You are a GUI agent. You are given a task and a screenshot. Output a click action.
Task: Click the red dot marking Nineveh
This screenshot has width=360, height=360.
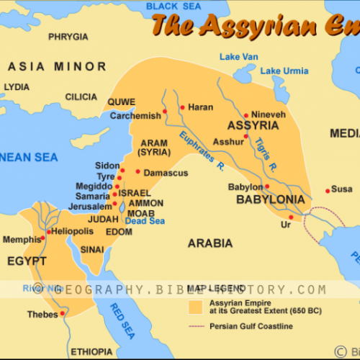246,114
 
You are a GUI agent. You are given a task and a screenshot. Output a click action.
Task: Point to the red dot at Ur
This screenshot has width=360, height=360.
291,217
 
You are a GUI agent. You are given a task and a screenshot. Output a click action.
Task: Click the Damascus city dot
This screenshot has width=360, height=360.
138,172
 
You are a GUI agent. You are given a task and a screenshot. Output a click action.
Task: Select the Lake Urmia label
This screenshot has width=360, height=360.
284,71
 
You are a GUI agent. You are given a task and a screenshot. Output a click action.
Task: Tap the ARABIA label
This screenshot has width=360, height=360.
210,243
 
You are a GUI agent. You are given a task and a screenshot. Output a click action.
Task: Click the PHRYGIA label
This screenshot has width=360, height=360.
68,36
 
